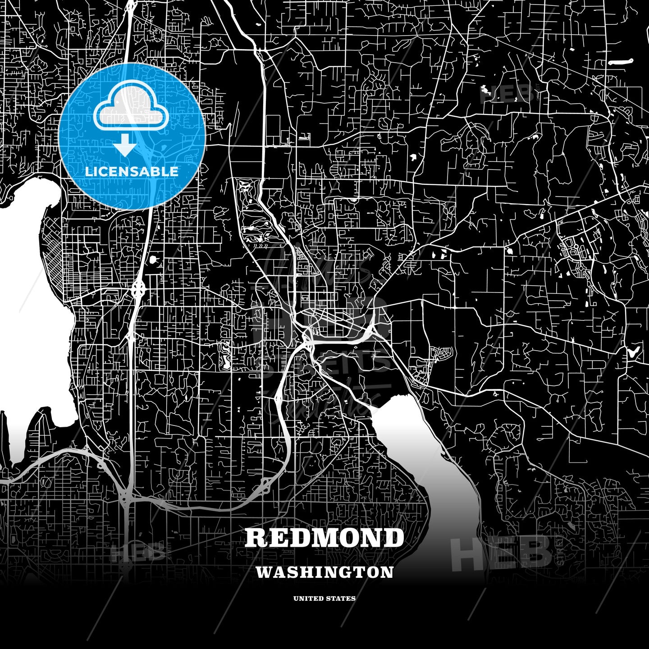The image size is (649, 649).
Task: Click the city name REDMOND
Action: [x=324, y=538]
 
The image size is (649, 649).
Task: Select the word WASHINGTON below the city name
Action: [x=324, y=572]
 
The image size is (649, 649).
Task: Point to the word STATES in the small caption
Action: [x=342, y=599]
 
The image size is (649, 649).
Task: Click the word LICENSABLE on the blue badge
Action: [x=132, y=172]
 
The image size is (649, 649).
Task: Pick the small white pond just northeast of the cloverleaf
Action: [x=152, y=260]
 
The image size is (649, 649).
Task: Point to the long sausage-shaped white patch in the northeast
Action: [x=620, y=63]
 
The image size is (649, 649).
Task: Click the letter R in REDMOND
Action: [x=255, y=538]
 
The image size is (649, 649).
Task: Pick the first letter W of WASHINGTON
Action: [x=263, y=572]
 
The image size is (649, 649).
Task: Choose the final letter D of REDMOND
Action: [x=394, y=538]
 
